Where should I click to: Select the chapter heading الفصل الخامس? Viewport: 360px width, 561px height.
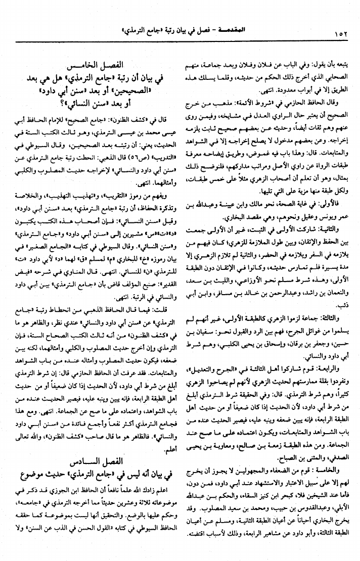click(x=103, y=65)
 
